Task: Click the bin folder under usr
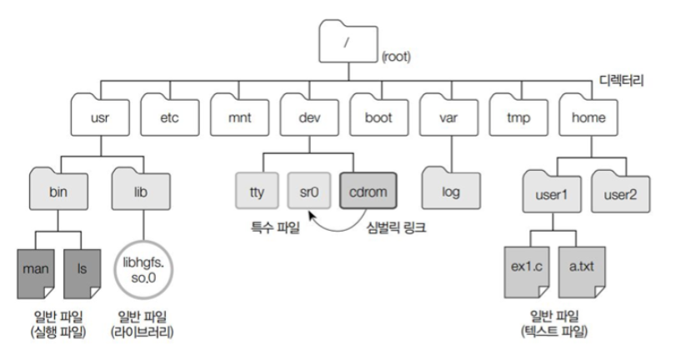point(58,191)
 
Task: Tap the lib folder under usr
point(139,191)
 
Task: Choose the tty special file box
point(257,192)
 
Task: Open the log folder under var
point(450,191)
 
